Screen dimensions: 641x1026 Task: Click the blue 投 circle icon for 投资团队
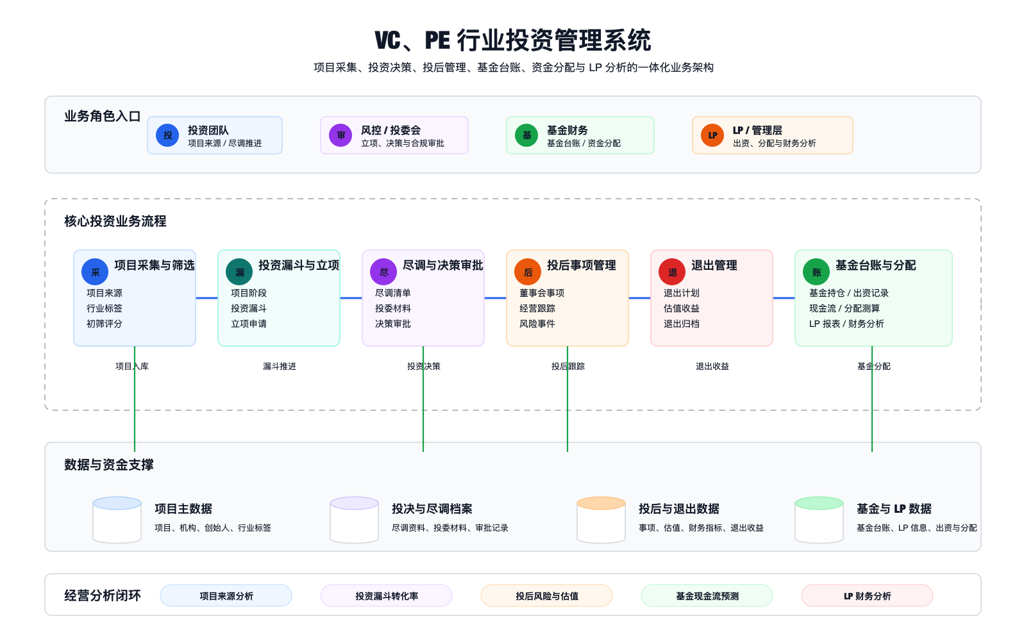coord(167,135)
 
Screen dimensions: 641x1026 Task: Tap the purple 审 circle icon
coord(341,135)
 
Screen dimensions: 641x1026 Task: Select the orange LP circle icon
coord(712,135)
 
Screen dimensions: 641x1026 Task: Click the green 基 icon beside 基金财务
coord(526,135)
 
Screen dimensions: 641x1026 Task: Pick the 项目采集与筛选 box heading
coord(154,265)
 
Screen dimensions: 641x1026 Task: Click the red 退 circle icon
coord(672,272)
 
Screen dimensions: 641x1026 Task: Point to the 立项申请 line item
coord(249,324)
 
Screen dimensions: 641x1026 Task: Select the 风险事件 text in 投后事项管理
coord(537,324)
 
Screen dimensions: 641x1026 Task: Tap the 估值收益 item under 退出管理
coord(682,308)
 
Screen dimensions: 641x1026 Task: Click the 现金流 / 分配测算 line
coord(845,308)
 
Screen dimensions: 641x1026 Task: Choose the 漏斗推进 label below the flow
coord(280,367)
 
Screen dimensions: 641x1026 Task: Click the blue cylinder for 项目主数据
coord(117,520)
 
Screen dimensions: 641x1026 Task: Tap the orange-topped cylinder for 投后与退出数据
coord(601,520)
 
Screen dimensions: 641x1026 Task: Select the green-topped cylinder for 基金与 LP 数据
coord(819,520)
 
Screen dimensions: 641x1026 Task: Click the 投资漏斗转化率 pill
coord(387,596)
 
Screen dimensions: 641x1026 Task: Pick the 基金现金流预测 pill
coord(707,596)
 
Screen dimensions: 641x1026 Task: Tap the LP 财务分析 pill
coord(867,596)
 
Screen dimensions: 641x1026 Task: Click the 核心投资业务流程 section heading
coord(115,221)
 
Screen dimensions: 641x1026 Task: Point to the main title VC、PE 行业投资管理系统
coord(513,40)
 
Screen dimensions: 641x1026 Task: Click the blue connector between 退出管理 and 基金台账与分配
coord(784,298)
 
